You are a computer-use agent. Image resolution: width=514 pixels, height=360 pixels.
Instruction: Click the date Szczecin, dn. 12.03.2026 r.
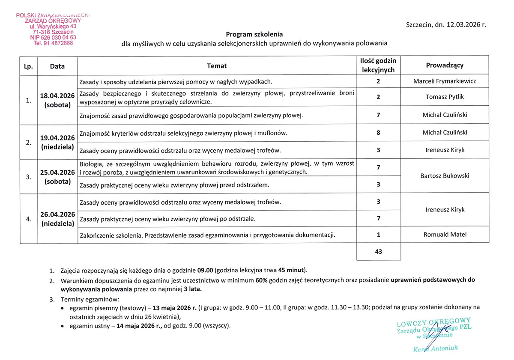pos(446,25)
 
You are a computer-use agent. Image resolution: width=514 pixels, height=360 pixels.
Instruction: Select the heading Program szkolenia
pos(254,34)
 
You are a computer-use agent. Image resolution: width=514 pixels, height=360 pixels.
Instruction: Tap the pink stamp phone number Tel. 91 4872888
pos(53,43)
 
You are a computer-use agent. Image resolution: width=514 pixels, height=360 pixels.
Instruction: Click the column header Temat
pos(217,66)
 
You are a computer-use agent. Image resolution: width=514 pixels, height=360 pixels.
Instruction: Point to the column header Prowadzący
pos(445,65)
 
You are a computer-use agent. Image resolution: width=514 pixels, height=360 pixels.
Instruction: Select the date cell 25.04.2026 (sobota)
pos(57,177)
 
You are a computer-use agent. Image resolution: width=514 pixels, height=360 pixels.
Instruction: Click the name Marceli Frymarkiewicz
pos(445,81)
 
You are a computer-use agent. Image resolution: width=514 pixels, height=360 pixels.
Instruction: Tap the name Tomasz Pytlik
pos(445,97)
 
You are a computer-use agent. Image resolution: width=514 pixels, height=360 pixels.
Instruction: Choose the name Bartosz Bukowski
pos(445,176)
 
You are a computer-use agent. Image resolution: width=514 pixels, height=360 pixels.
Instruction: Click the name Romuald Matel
pos(445,234)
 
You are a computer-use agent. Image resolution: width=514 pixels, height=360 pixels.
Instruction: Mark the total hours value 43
pos(378,252)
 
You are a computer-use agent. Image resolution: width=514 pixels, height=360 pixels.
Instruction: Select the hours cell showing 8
pos(378,133)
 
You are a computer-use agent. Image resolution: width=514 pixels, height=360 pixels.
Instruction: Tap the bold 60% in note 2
pos(262,280)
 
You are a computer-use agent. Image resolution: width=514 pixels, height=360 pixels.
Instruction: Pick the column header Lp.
pos(28,66)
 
